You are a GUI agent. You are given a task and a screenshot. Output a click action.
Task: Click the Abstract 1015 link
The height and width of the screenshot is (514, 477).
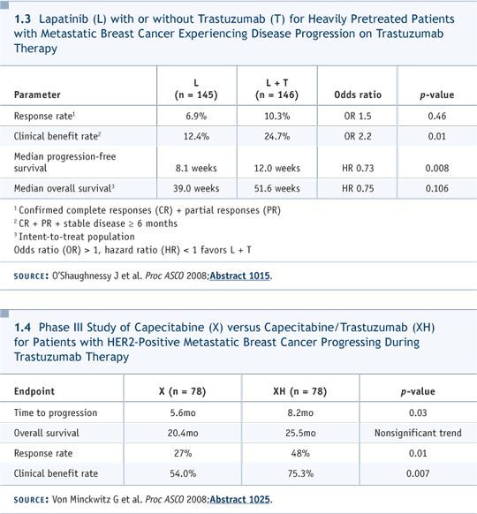[x=239, y=276]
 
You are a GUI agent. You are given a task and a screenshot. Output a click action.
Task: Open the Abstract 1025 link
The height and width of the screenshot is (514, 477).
[x=239, y=500]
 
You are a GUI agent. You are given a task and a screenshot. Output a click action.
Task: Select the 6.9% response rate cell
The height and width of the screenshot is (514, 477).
[x=196, y=116]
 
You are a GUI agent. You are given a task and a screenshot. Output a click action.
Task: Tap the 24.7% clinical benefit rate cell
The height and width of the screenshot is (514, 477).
[x=277, y=136]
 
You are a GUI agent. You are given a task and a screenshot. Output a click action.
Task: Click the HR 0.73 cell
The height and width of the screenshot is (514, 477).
[x=358, y=168]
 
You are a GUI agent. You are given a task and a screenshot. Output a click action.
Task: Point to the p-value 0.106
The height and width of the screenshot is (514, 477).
[x=436, y=188]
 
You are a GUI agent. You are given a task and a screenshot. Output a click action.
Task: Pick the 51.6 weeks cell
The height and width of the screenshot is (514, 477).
[x=277, y=188]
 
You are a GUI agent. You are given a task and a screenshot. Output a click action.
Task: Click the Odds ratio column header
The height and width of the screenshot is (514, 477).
[x=358, y=94]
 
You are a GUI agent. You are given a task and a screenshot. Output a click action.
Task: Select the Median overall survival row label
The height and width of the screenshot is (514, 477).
[x=64, y=188]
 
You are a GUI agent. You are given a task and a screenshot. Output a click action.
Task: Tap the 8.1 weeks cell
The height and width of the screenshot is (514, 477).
[x=196, y=168]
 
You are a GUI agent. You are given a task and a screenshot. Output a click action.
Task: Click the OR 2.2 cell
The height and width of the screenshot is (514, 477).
[x=358, y=136]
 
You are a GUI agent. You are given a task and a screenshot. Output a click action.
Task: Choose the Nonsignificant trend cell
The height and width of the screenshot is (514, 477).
[x=418, y=433]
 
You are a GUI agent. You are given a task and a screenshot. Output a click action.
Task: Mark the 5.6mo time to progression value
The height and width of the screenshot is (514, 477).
[x=183, y=412]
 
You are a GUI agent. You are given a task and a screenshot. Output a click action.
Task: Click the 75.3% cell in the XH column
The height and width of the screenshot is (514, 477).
[x=300, y=473]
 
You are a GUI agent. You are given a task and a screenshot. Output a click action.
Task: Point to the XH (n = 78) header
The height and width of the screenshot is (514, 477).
[x=300, y=391]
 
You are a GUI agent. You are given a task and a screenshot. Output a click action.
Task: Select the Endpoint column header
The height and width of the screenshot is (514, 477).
[x=34, y=391]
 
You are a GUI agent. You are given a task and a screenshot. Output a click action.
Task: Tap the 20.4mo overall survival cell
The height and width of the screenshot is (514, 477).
[x=183, y=433]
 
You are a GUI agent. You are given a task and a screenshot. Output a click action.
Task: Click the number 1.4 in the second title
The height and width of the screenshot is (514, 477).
[x=23, y=328]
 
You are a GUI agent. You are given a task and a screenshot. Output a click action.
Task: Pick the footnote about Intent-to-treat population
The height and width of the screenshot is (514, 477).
[x=74, y=237]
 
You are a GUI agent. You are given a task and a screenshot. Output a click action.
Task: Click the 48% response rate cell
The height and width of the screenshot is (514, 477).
[x=300, y=453]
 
